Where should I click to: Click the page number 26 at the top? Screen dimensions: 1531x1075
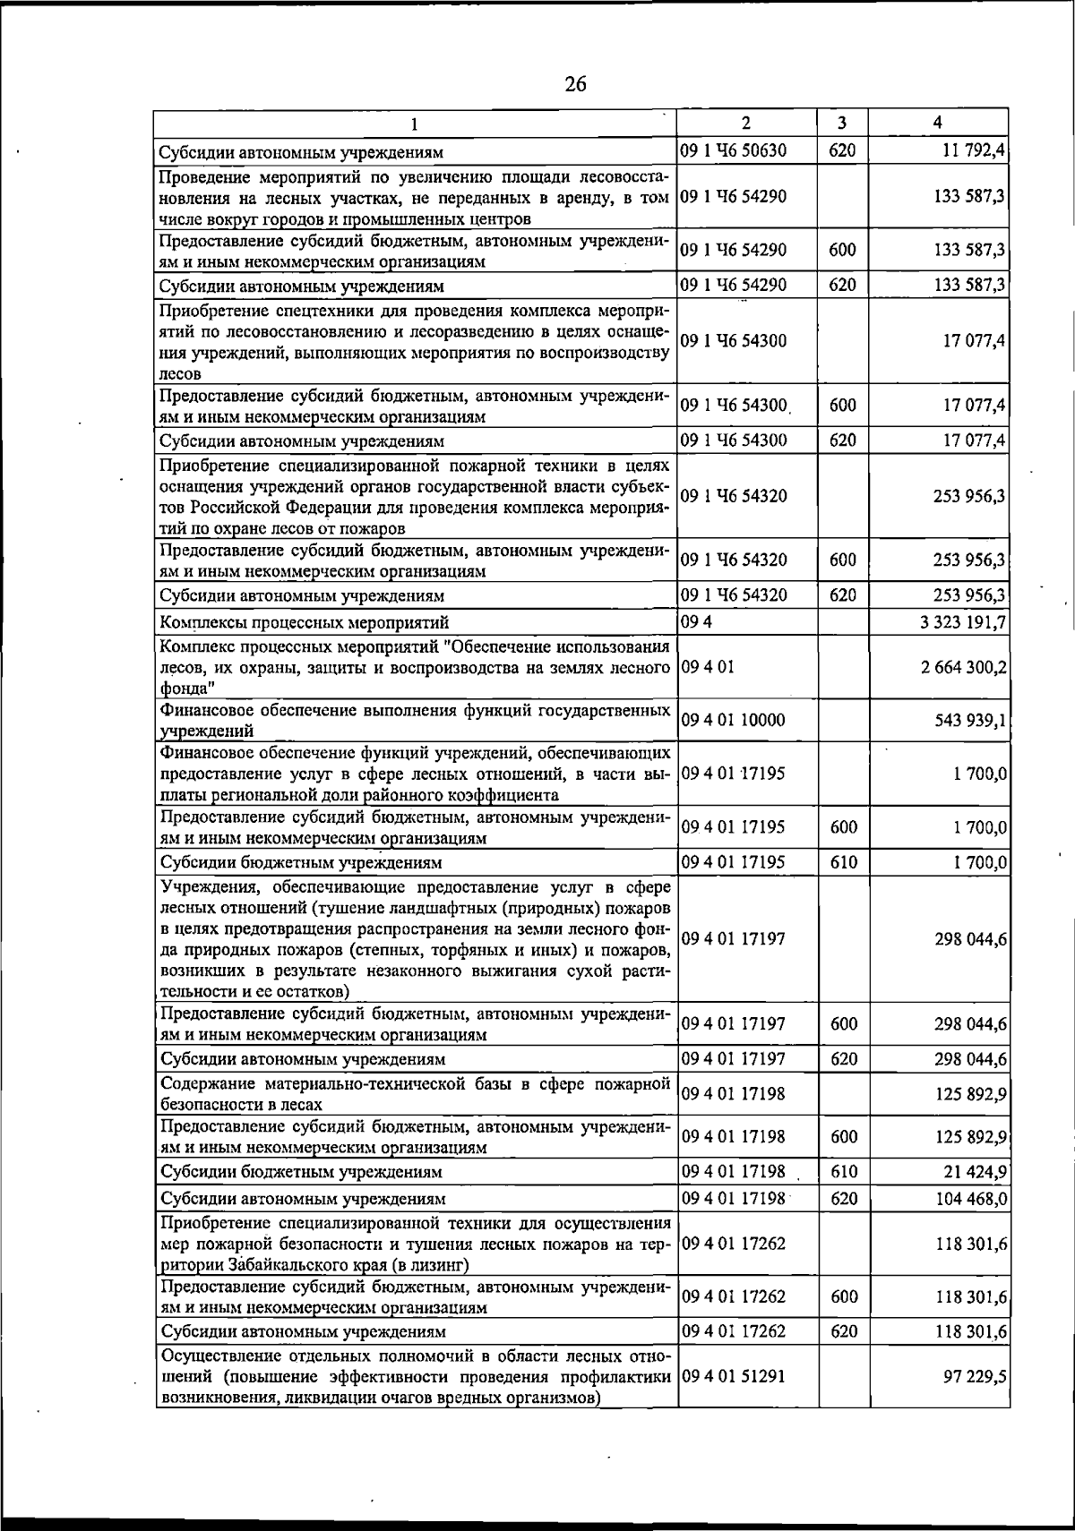point(575,84)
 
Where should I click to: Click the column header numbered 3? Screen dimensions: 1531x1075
point(842,123)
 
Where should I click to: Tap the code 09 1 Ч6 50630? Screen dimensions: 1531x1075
point(734,150)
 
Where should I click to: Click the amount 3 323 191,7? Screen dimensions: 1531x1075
point(964,622)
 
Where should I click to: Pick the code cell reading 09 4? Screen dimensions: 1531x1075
point(691,622)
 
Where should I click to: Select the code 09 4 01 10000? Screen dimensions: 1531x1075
point(734,720)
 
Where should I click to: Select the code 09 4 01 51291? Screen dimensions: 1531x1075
point(734,1376)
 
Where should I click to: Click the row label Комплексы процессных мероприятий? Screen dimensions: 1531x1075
point(304,622)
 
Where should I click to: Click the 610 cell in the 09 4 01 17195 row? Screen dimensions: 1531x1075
point(843,862)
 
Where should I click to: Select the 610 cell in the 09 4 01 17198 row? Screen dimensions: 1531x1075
point(843,1172)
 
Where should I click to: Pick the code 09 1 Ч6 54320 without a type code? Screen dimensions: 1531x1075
point(734,496)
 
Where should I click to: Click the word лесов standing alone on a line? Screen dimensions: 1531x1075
point(180,373)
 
